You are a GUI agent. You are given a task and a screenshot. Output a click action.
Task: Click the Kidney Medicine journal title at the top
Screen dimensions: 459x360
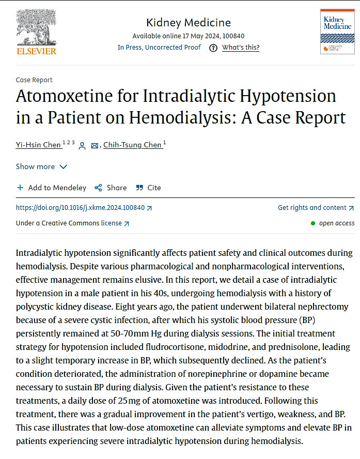[x=189, y=23]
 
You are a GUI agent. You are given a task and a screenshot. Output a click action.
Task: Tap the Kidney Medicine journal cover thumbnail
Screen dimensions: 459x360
[x=337, y=31]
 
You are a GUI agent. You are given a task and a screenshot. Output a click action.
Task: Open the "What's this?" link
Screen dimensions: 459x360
[x=241, y=48]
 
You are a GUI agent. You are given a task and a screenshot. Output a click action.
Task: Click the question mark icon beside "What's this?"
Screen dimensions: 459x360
[x=213, y=48]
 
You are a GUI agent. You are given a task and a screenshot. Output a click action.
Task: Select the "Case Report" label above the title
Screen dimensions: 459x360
[x=34, y=80]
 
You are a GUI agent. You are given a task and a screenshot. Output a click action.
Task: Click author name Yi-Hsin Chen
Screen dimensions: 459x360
[x=38, y=145]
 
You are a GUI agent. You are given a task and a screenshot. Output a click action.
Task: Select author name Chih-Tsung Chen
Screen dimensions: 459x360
[x=132, y=145]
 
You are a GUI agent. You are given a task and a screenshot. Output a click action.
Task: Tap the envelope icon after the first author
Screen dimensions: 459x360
[x=95, y=146]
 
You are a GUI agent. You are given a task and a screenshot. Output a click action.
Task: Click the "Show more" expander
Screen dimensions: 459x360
[x=41, y=166]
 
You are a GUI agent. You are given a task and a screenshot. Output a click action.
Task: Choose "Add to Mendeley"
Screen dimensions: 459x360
[x=52, y=188]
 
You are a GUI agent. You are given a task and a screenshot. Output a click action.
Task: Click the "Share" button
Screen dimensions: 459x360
[x=111, y=188]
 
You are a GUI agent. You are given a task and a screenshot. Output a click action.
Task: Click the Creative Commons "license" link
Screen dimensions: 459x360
[x=112, y=223]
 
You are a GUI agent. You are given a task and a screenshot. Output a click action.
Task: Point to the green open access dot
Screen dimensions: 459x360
[x=313, y=223]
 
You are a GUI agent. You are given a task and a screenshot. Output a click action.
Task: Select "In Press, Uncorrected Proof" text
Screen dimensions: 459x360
[x=159, y=48]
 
